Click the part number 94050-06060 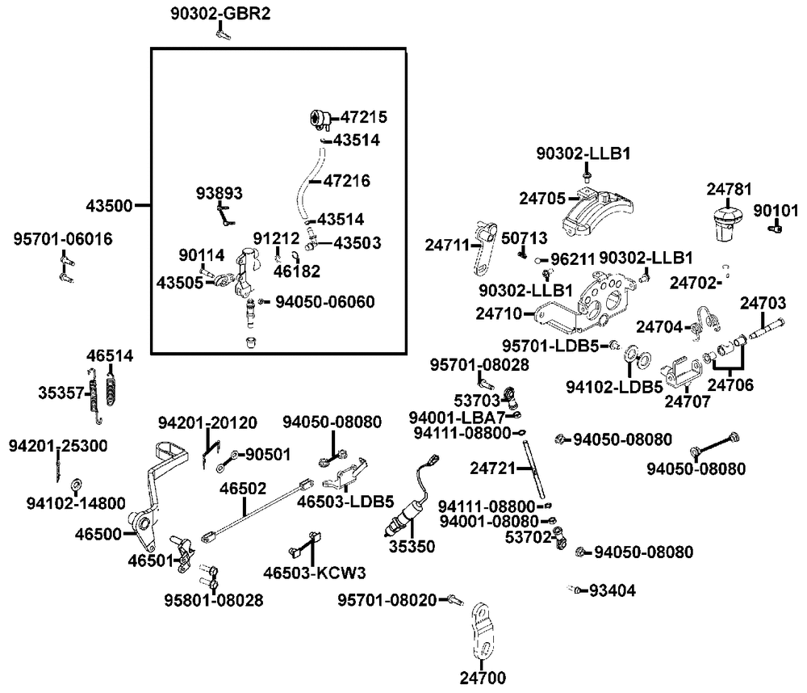[x=325, y=301]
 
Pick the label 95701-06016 [x=63, y=239]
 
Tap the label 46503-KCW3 [x=315, y=573]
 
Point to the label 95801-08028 [x=214, y=600]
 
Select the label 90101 [x=775, y=210]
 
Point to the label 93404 [x=613, y=590]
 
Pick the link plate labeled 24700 [x=482, y=630]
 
